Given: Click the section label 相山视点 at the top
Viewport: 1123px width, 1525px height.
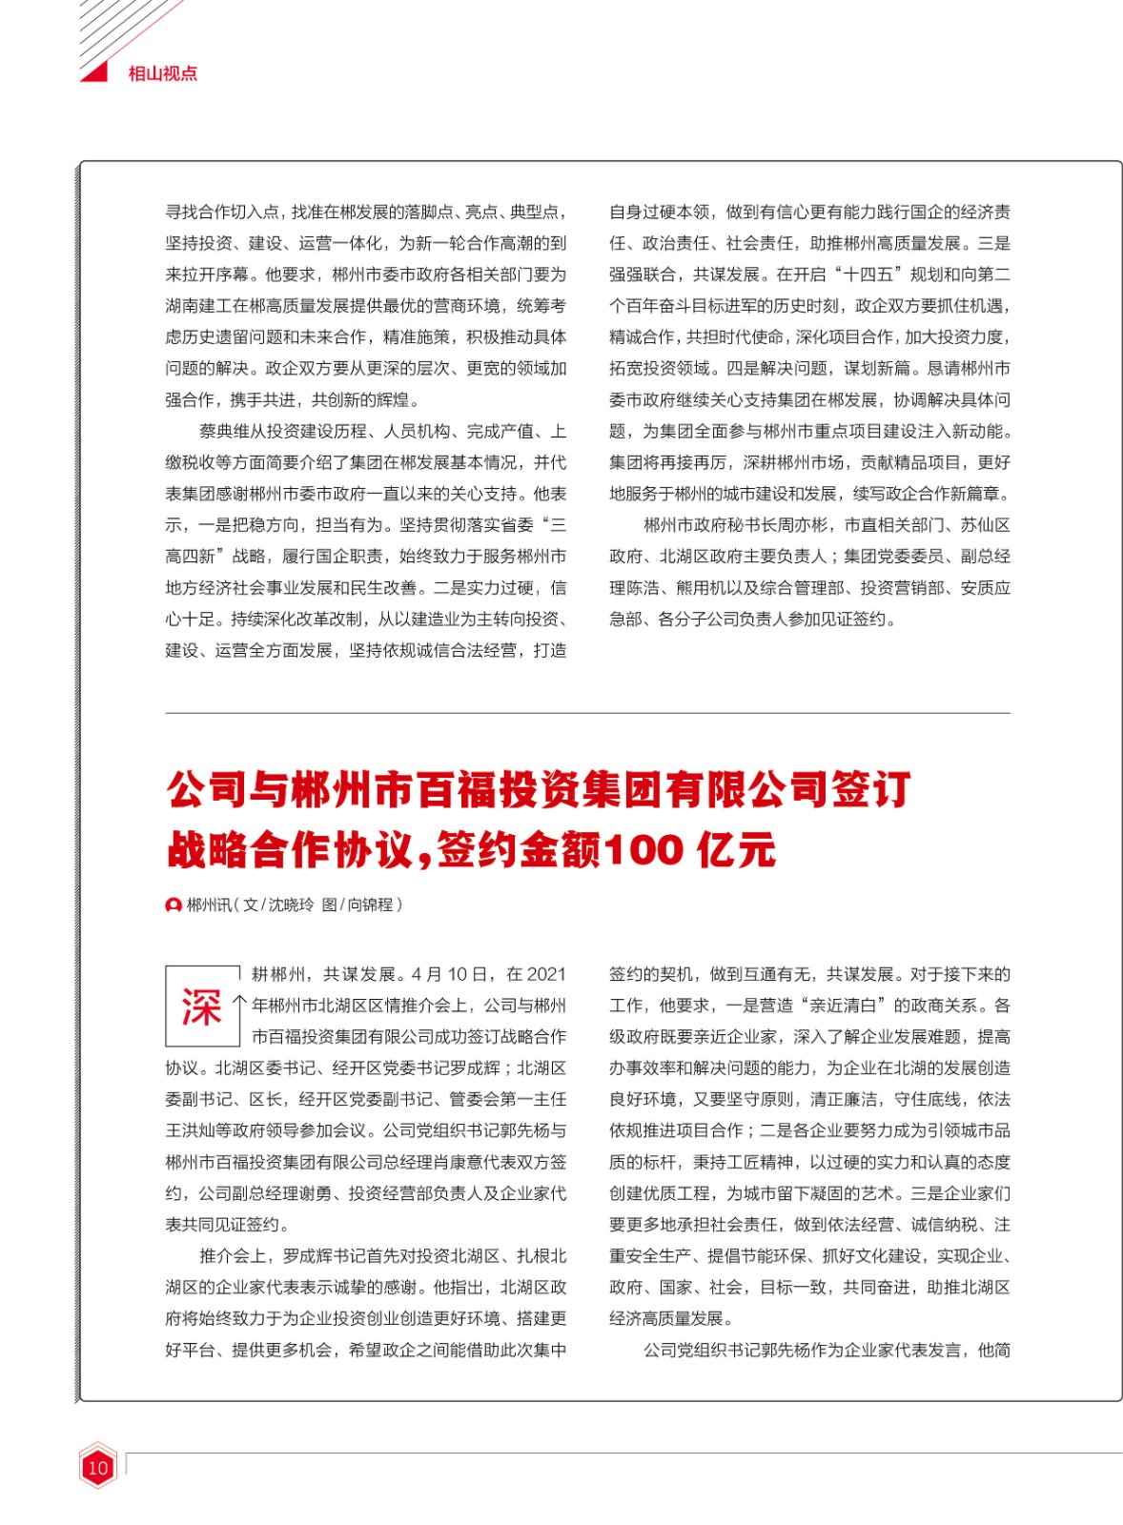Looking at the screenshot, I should (x=162, y=73).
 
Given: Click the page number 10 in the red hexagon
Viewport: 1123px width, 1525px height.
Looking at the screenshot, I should (x=97, y=1468).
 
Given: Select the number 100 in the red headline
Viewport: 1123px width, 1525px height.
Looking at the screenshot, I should (x=643, y=848).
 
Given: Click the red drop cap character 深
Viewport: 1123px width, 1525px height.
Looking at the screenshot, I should (x=200, y=1007).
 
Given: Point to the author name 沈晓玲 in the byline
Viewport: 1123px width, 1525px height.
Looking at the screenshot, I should (x=291, y=905).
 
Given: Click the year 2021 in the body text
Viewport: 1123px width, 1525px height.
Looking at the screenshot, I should (x=546, y=974).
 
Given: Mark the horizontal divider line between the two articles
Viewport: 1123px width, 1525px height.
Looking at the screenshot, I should (x=587, y=713).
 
